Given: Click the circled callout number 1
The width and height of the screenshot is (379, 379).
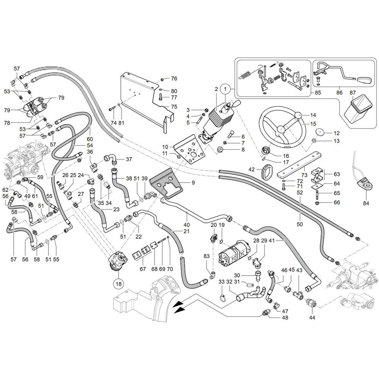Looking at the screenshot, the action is coord(225,89).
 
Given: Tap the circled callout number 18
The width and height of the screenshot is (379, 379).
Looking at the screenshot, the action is coord(119,284).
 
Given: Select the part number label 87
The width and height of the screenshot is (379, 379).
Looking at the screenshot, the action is coord(352,93).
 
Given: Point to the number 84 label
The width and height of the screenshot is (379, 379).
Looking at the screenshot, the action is coord(366,203).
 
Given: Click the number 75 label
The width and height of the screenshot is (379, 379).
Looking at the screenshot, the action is coord(174,106).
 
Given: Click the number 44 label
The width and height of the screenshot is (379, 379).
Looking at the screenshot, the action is coord(312,317).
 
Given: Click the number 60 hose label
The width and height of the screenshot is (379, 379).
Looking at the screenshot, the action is coord(90,139).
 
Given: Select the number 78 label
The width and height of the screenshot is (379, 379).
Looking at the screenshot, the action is coord(7,123).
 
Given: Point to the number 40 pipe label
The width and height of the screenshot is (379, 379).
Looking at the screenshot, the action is coord(186,225).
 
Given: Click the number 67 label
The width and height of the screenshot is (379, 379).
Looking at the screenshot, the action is coord(143,269).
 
